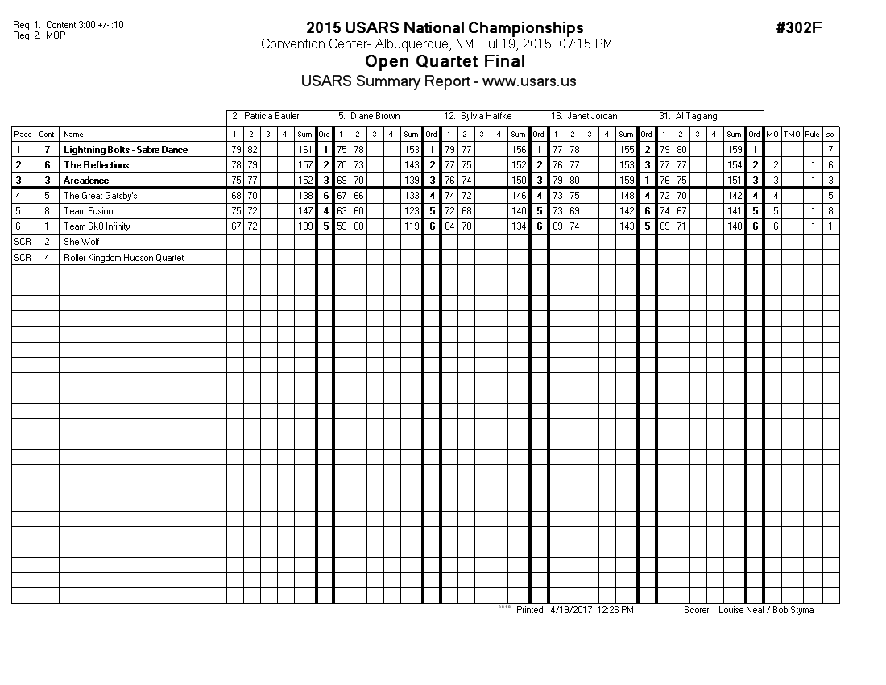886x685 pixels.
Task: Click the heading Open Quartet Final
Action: tap(445, 62)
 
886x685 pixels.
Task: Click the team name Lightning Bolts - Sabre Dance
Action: tap(126, 150)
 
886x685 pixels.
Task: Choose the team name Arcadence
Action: tap(86, 181)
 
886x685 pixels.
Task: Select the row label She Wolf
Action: tap(81, 242)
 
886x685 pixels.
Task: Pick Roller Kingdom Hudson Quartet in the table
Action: tap(123, 258)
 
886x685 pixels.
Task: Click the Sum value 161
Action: tap(304, 150)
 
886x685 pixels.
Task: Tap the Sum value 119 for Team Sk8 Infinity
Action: tap(412, 226)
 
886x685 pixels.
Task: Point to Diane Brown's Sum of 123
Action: tap(412, 211)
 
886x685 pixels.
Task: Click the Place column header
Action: tap(23, 135)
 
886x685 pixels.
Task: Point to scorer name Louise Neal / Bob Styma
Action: tap(765, 610)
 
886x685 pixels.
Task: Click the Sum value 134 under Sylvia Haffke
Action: tap(519, 226)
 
